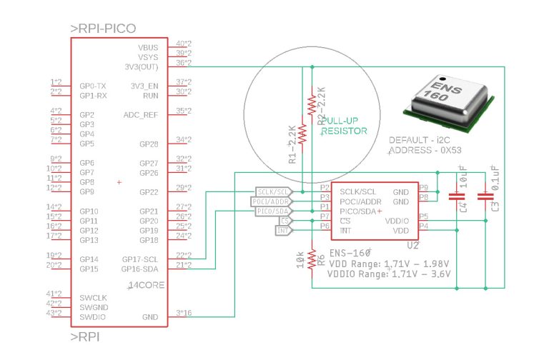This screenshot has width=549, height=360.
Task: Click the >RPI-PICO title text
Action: click(103, 29)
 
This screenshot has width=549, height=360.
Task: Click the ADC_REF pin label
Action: click(141, 114)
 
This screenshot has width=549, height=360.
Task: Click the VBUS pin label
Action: click(148, 47)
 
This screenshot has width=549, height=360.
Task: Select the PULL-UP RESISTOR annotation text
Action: click(345, 126)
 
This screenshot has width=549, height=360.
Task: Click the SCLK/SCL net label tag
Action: click(272, 192)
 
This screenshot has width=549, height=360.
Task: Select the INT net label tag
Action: click(283, 231)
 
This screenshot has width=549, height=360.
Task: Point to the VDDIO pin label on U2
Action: click(397, 221)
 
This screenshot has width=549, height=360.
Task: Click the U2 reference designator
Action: click(412, 245)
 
